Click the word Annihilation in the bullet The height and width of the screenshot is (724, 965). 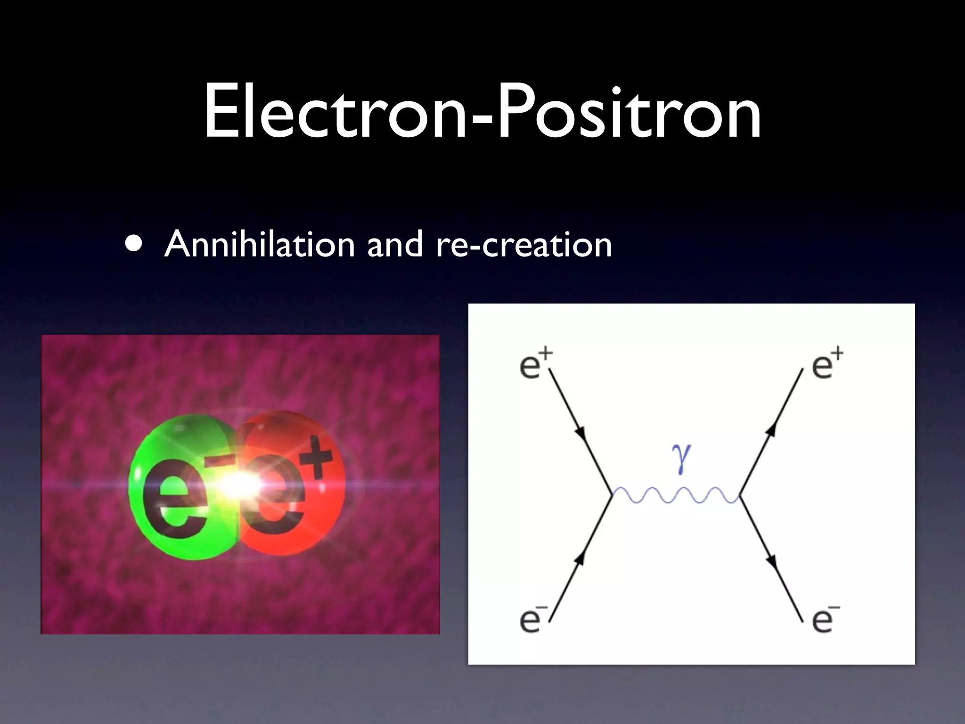click(259, 244)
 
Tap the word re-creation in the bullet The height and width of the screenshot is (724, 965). click(523, 244)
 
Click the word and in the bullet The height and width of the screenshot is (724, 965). click(395, 244)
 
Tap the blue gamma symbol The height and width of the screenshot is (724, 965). click(681, 458)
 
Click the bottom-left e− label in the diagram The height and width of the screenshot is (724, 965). click(533, 619)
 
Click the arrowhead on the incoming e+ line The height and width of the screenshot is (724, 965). click(581, 433)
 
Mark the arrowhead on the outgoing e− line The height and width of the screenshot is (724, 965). click(771, 561)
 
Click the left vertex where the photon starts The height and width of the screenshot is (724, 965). click(612, 494)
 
